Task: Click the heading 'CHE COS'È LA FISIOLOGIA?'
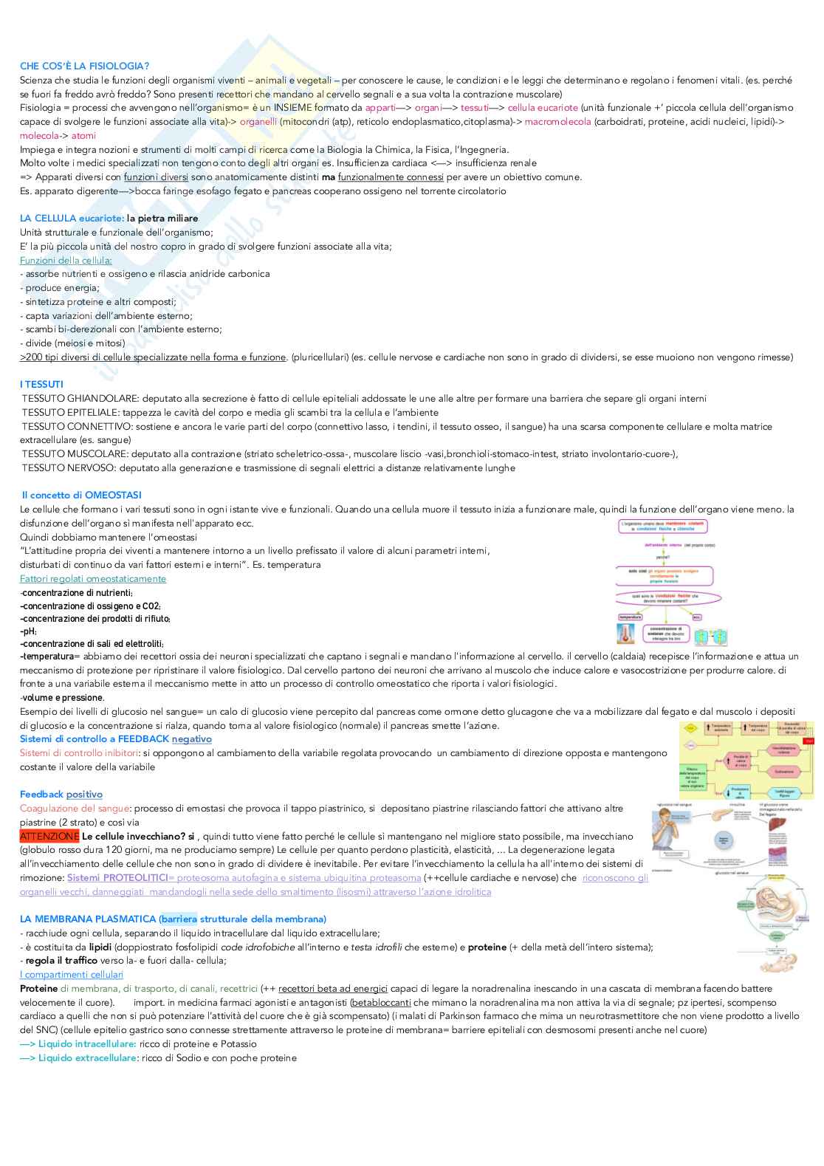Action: (84, 66)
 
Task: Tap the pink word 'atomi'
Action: (83, 136)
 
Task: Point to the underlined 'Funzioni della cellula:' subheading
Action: (66, 261)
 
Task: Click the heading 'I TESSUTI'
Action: (41, 385)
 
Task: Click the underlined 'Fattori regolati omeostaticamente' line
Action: (93, 579)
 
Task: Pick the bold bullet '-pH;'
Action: (29, 631)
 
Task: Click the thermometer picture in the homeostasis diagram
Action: (625, 634)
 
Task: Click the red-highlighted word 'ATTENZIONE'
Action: (49, 837)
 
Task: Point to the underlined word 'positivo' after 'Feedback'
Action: (84, 795)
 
